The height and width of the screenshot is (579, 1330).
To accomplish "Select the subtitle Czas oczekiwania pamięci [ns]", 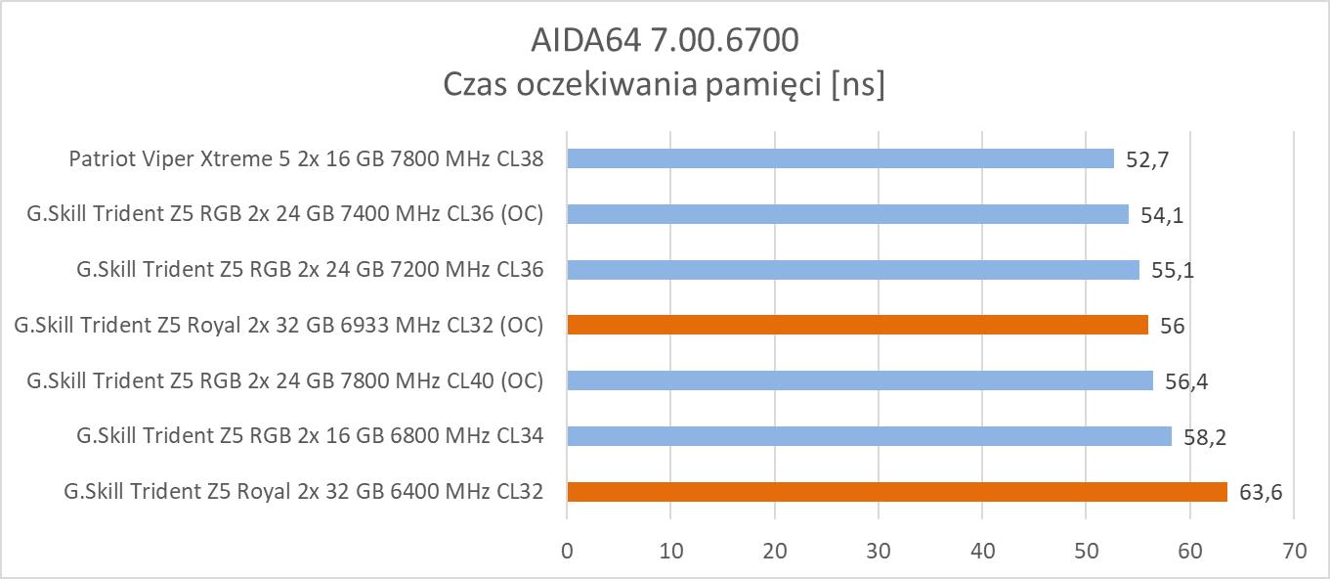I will pos(665,84).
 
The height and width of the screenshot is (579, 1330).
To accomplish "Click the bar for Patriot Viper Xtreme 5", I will pos(840,158).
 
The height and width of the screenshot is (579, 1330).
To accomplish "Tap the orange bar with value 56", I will pos(857,325).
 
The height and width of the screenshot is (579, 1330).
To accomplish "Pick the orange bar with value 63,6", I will pos(896,492).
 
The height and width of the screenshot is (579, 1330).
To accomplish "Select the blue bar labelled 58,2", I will pos(869,436).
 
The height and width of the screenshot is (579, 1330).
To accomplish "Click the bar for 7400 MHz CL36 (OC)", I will pos(847,214).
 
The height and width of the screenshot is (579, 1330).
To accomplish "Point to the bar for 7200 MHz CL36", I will pos(853,270).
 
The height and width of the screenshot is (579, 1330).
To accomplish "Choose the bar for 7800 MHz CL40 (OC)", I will pos(860,380).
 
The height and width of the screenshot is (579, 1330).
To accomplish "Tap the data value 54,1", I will pos(1161,215).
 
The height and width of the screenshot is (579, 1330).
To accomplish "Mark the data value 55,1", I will pos(1172,271).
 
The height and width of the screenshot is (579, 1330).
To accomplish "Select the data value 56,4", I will pos(1185,381).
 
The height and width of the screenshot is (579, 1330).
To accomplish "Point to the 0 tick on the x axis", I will pos(567,551).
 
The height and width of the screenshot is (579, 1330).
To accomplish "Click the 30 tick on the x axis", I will pos(879,551).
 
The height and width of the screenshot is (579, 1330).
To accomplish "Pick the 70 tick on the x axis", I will pos(1294,551).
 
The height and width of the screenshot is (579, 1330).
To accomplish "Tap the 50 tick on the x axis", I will pos(1087,551).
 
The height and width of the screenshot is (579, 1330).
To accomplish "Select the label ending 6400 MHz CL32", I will pos(303,492).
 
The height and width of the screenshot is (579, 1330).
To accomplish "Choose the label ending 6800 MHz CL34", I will pos(310,436).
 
